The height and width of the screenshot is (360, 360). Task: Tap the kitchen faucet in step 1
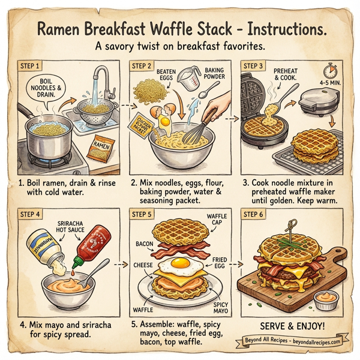(x=107, y=84)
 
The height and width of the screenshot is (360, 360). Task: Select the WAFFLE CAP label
(x=214, y=220)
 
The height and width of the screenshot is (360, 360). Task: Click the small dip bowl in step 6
(x=326, y=298)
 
